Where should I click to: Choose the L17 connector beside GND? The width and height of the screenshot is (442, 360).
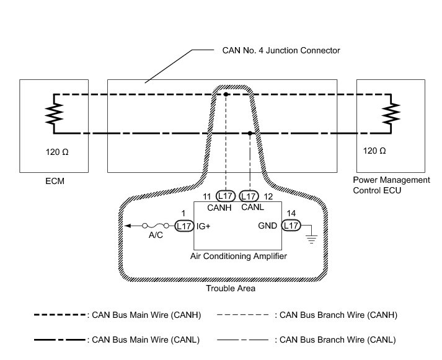point(291,226)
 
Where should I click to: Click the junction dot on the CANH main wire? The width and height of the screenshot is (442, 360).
point(226,94)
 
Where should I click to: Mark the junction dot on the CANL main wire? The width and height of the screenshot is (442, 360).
point(249,133)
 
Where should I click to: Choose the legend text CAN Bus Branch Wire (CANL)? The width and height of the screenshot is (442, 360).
point(337,340)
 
